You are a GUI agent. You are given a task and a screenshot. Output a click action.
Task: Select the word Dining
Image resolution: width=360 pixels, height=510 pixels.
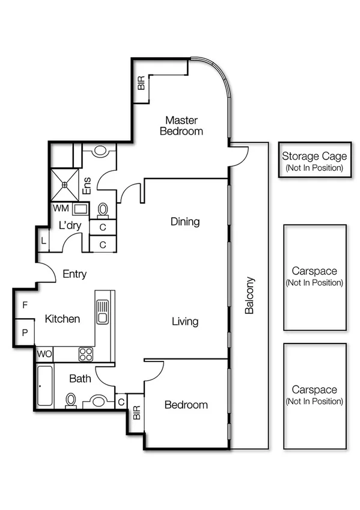pos(185,222)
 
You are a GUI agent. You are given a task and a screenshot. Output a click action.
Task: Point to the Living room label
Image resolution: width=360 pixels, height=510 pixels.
pos(185,322)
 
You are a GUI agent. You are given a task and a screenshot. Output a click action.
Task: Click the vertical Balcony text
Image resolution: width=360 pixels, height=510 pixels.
pos(250,295)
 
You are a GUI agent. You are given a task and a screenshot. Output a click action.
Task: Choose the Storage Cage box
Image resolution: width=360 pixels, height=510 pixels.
pos(314,161)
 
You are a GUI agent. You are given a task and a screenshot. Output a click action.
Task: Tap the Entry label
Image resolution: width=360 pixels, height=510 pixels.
pos(75,274)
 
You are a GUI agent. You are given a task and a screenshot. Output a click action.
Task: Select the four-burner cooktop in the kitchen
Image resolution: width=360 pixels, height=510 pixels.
pos(86,354)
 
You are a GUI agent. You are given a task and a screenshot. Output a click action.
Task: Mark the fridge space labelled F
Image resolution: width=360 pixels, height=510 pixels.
pos(24,306)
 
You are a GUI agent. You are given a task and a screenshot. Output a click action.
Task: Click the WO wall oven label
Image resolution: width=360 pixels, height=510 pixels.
pos(44,354)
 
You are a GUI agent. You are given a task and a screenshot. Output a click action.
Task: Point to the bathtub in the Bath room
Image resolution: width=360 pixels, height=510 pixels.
pos(44,387)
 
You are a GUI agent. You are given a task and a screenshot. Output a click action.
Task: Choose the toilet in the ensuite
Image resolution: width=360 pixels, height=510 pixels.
pos(103,209)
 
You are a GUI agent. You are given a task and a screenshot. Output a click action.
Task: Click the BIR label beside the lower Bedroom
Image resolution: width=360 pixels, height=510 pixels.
pos(136,413)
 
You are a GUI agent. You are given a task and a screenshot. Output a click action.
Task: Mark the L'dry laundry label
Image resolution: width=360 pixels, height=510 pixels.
pos(70,226)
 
